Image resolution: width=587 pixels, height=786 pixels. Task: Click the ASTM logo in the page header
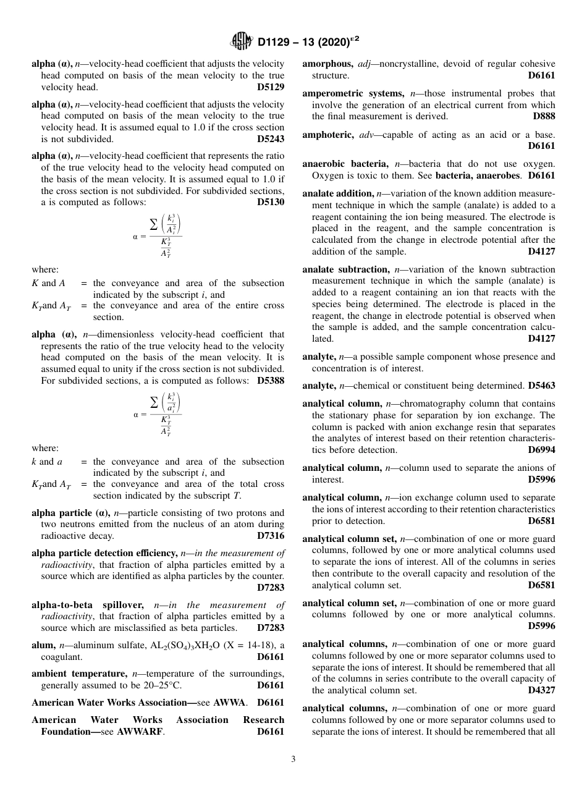(x=241, y=41)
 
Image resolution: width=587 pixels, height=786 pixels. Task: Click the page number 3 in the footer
(x=293, y=759)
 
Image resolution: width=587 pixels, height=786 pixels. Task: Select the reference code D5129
(x=271, y=87)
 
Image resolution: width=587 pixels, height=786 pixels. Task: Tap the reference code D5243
(x=271, y=139)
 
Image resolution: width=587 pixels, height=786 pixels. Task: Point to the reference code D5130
(x=271, y=202)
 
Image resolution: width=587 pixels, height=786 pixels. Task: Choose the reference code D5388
(x=271, y=381)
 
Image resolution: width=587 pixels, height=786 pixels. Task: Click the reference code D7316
(x=271, y=536)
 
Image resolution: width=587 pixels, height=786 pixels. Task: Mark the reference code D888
(x=544, y=116)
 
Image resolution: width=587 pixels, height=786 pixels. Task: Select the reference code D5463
(x=541, y=386)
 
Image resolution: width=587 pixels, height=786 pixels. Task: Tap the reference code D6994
(x=541, y=450)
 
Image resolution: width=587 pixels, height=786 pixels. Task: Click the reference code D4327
(x=541, y=690)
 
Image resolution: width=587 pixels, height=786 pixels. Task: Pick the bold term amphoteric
(x=327, y=135)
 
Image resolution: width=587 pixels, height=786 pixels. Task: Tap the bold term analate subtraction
(x=342, y=269)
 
